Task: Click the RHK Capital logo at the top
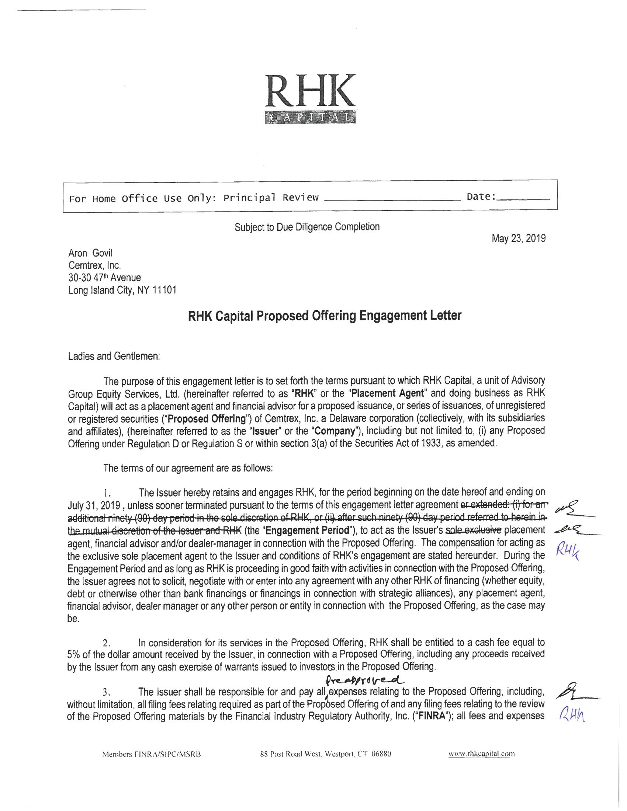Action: pyautogui.click(x=310, y=99)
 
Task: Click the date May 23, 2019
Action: pyautogui.click(x=519, y=239)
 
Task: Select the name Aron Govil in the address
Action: pyautogui.click(x=90, y=253)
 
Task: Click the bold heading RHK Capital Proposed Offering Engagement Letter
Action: pyautogui.click(x=325, y=316)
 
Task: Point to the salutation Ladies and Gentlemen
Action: pyautogui.click(x=114, y=356)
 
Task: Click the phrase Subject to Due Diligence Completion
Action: pyautogui.click(x=307, y=227)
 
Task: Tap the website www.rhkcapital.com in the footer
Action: pyautogui.click(x=482, y=754)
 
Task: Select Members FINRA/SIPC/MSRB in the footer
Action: pyautogui.click(x=152, y=754)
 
